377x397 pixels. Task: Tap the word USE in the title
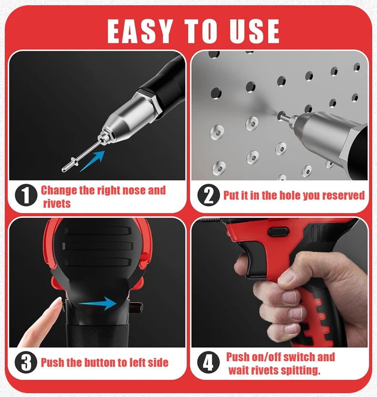pyautogui.click(x=254, y=31)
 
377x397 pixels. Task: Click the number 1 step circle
pyautogui.click(x=26, y=195)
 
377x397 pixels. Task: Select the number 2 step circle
pyautogui.click(x=209, y=195)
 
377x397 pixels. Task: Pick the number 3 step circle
pyautogui.click(x=26, y=362)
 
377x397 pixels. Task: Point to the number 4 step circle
pyautogui.click(x=209, y=362)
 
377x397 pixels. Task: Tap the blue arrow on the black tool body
pyautogui.click(x=98, y=303)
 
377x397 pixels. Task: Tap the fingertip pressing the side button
pyautogui.click(x=58, y=303)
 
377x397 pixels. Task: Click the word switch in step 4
pyautogui.click(x=299, y=357)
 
